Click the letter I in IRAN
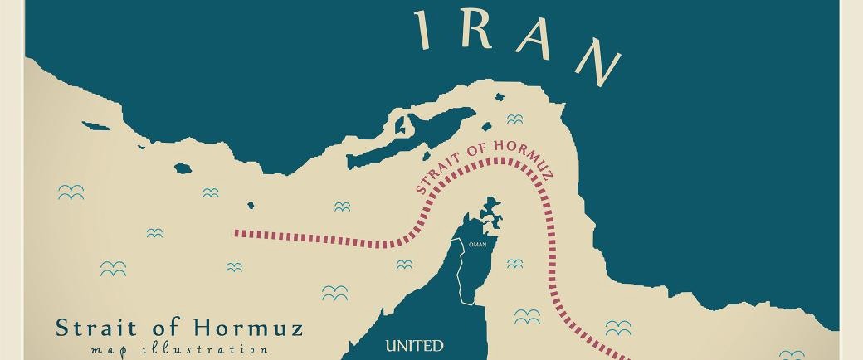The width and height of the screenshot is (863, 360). pyautogui.click(x=423, y=29)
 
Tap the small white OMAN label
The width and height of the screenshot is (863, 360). pyautogui.click(x=477, y=245)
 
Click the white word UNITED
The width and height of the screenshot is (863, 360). pyautogui.click(x=415, y=345)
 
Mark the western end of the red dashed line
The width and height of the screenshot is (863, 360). pyautogui.click(x=236, y=233)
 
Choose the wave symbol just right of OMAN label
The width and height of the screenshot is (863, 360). pyautogui.click(x=514, y=264)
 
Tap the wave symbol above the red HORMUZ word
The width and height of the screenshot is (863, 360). pyautogui.click(x=514, y=119)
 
